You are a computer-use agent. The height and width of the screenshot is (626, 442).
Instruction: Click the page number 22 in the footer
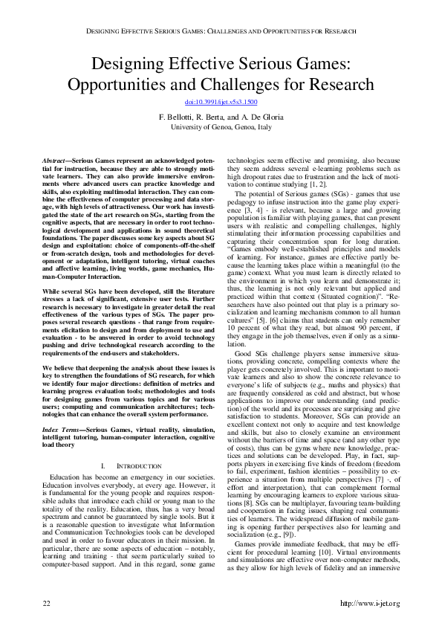coord(46,601)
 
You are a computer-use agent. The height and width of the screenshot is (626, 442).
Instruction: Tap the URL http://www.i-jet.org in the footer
coord(368,601)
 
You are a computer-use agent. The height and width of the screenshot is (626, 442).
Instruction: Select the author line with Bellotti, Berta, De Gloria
coord(221,117)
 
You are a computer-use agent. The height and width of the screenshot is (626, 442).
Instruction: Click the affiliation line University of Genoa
coord(221,126)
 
